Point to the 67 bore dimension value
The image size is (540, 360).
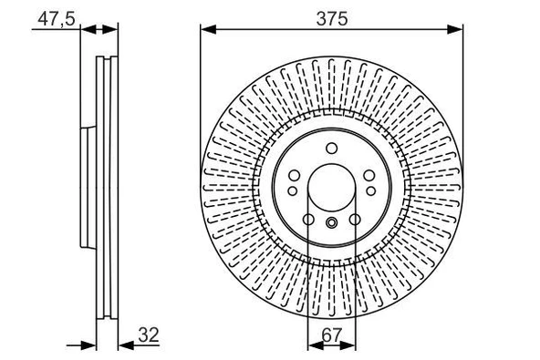click(331, 334)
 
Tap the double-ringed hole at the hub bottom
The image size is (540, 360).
click(331, 225)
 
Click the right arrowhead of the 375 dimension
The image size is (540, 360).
click(455, 30)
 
